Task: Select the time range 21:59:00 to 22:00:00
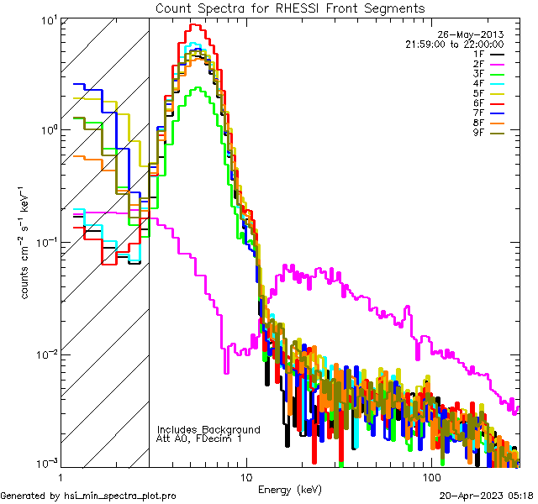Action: tap(455, 44)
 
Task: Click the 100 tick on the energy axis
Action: tap(432, 477)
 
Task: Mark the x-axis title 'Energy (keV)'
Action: tap(288, 489)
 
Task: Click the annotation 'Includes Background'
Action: tap(208, 430)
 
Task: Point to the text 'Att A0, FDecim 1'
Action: tap(200, 439)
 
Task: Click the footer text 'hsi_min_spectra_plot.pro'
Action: tap(119, 496)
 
